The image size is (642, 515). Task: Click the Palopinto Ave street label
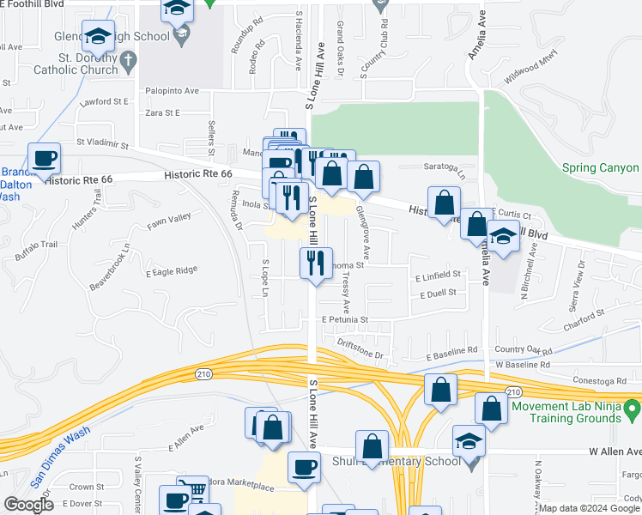(x=172, y=90)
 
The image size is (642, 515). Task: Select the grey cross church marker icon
(x=128, y=60)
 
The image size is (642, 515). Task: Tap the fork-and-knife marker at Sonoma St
(x=316, y=262)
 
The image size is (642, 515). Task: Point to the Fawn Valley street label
(x=168, y=219)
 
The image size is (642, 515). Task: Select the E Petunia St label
(x=345, y=319)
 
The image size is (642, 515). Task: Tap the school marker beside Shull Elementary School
(x=469, y=441)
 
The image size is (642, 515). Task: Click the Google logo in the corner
(x=28, y=505)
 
